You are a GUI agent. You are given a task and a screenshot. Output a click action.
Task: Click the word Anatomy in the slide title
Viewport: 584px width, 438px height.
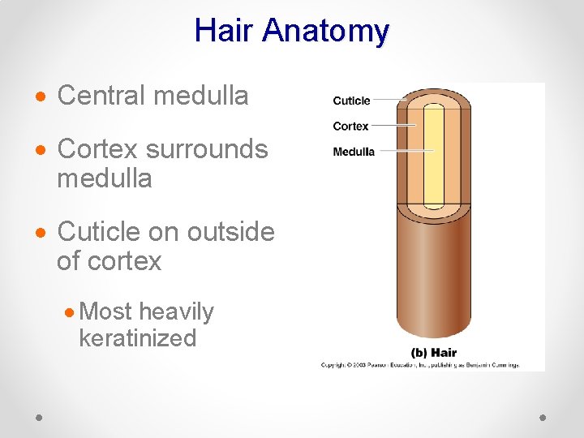326,31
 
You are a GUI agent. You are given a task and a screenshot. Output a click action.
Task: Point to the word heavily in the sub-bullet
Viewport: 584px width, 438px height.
176,311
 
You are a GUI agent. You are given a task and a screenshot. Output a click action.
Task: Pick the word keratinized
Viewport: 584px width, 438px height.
137,337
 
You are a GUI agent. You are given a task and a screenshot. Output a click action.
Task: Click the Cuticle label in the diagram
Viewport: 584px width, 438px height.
351,101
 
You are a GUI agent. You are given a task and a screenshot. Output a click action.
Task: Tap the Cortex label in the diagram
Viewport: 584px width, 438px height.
350,126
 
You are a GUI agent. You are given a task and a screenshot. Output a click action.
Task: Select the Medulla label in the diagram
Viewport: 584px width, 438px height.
354,152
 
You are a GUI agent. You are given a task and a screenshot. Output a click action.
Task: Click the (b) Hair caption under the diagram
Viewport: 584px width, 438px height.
434,352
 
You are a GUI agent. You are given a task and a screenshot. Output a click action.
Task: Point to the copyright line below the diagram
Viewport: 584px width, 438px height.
419,365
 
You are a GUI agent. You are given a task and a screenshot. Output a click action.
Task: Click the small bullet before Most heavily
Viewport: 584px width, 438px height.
71,313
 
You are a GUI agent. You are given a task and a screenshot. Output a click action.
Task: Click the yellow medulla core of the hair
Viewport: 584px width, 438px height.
434,162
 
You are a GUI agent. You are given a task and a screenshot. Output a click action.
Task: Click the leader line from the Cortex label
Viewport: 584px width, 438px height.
393,126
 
